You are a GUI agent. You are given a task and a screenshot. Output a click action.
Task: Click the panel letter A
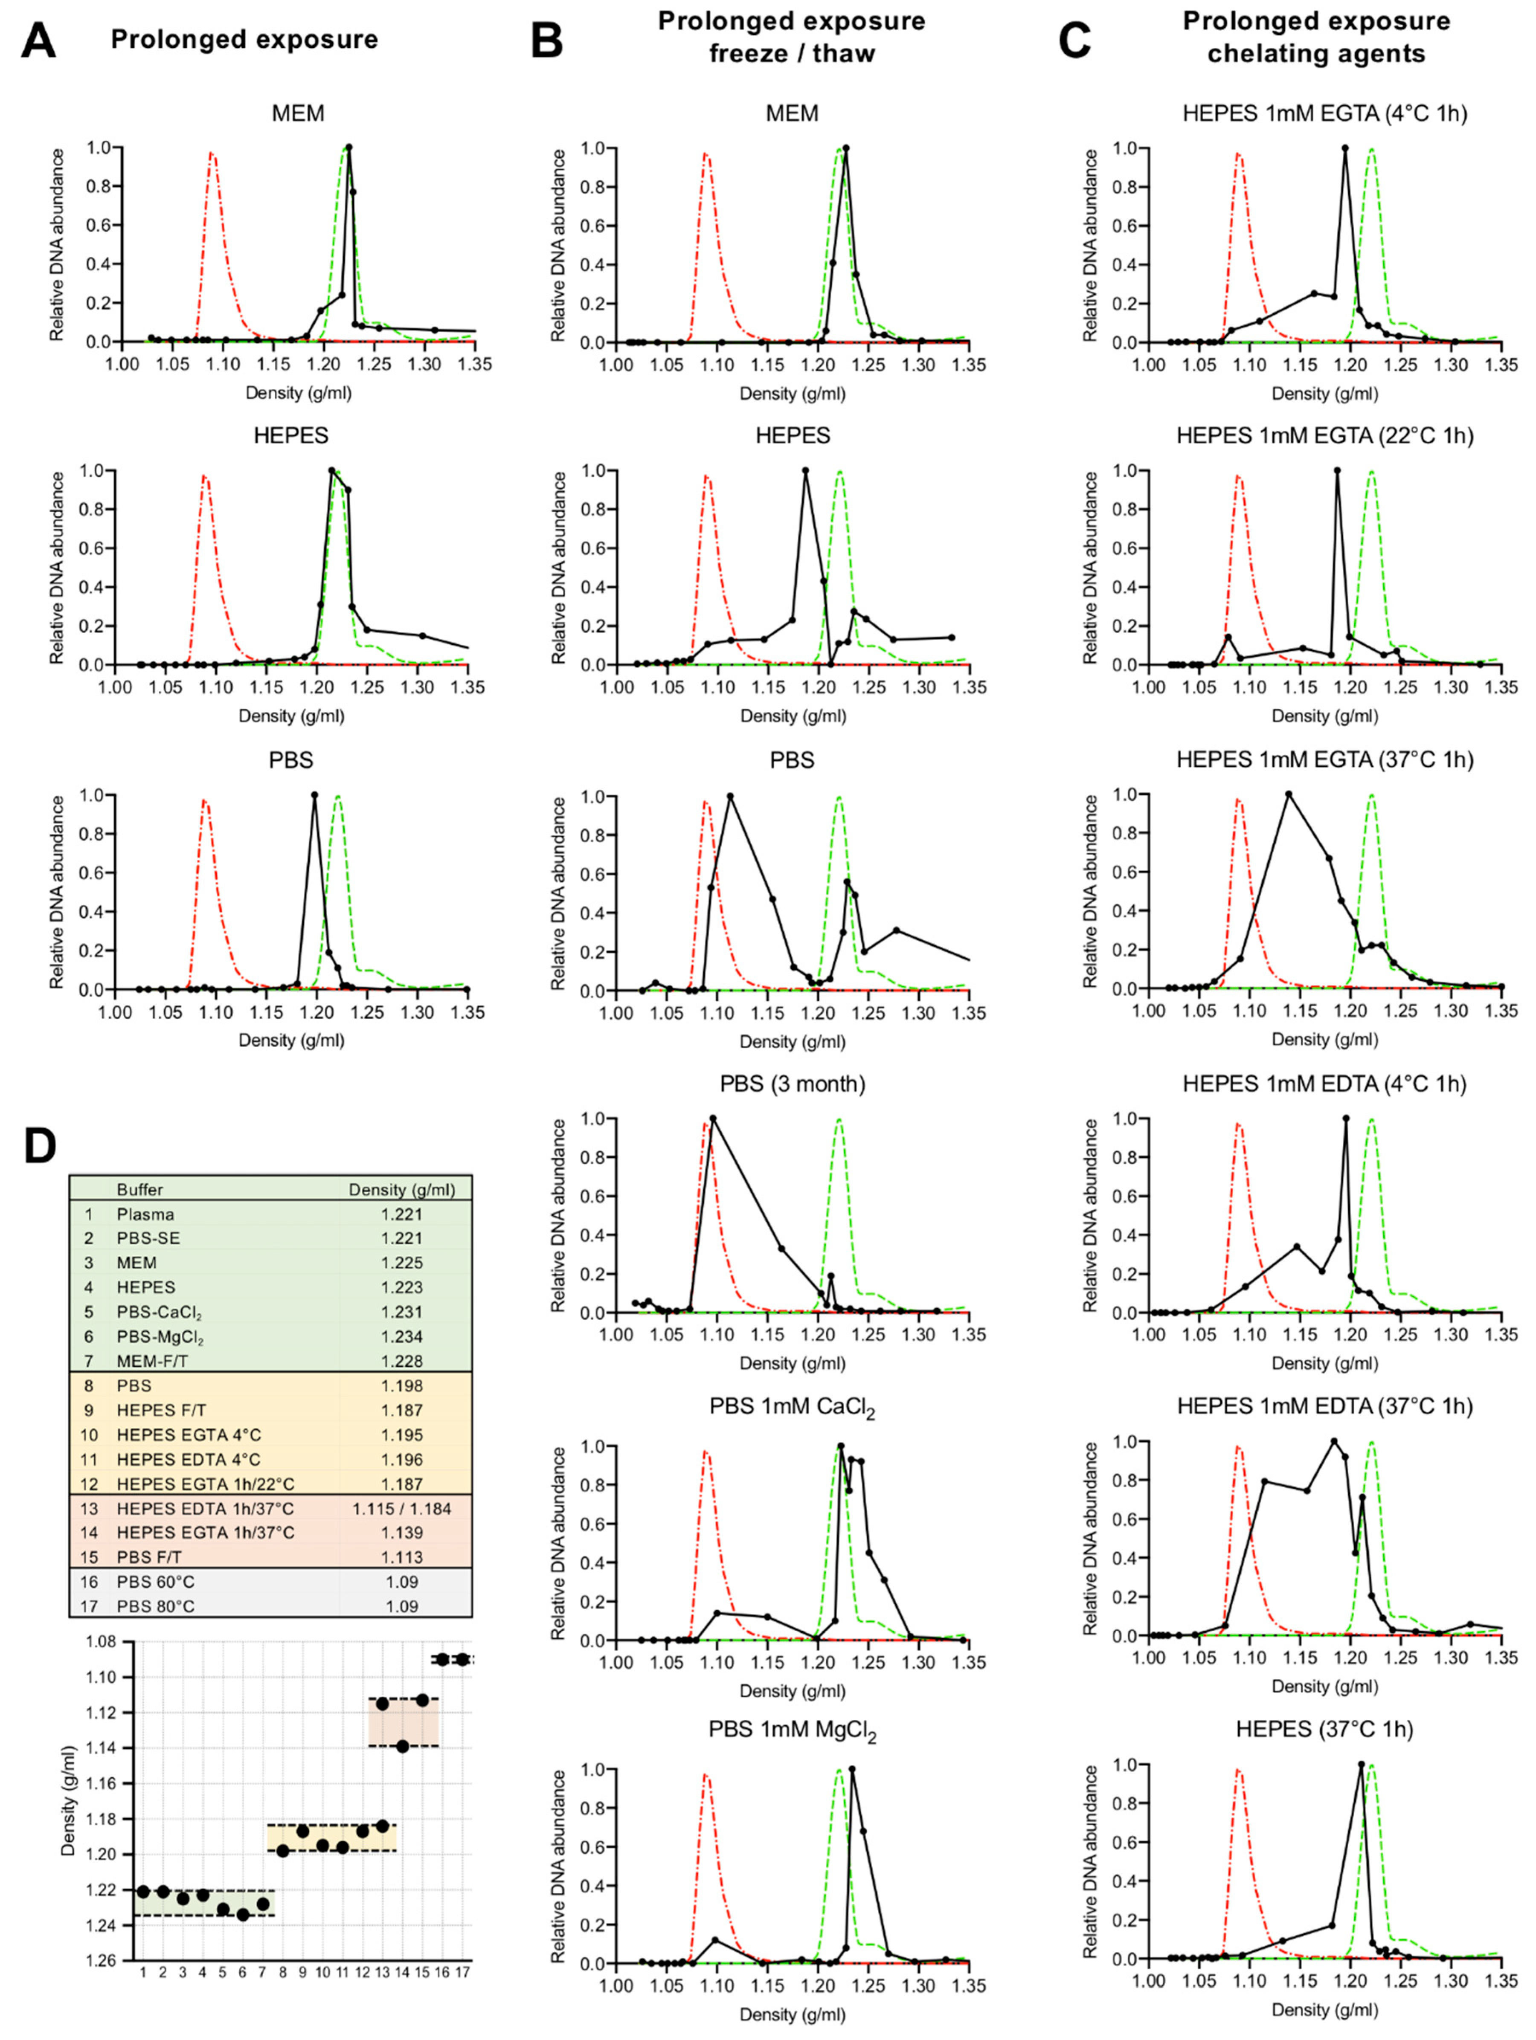[39, 41]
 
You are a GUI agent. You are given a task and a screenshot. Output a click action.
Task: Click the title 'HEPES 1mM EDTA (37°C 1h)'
[1325, 1406]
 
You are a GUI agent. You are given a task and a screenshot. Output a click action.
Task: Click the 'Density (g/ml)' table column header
[401, 1190]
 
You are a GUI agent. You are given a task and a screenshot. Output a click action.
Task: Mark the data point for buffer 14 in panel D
[402, 1746]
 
